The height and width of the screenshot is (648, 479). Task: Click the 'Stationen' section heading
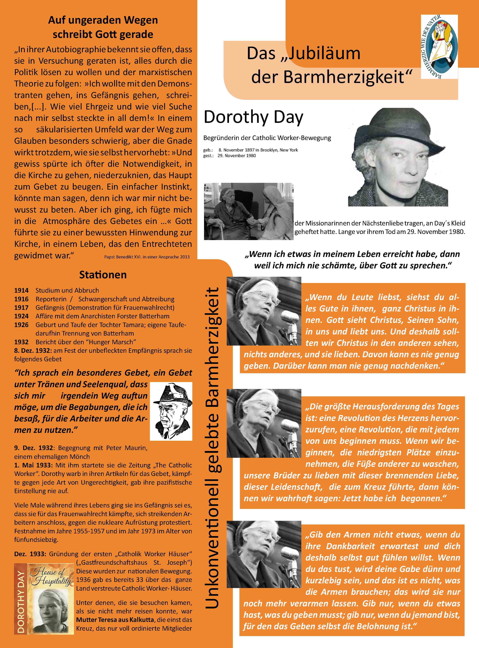click(103, 275)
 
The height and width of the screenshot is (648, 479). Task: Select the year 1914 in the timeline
click(21, 290)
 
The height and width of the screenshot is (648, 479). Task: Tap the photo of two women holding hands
click(248, 211)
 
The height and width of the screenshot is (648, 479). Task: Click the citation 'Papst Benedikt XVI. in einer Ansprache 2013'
click(147, 257)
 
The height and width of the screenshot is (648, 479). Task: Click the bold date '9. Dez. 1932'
click(33, 448)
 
